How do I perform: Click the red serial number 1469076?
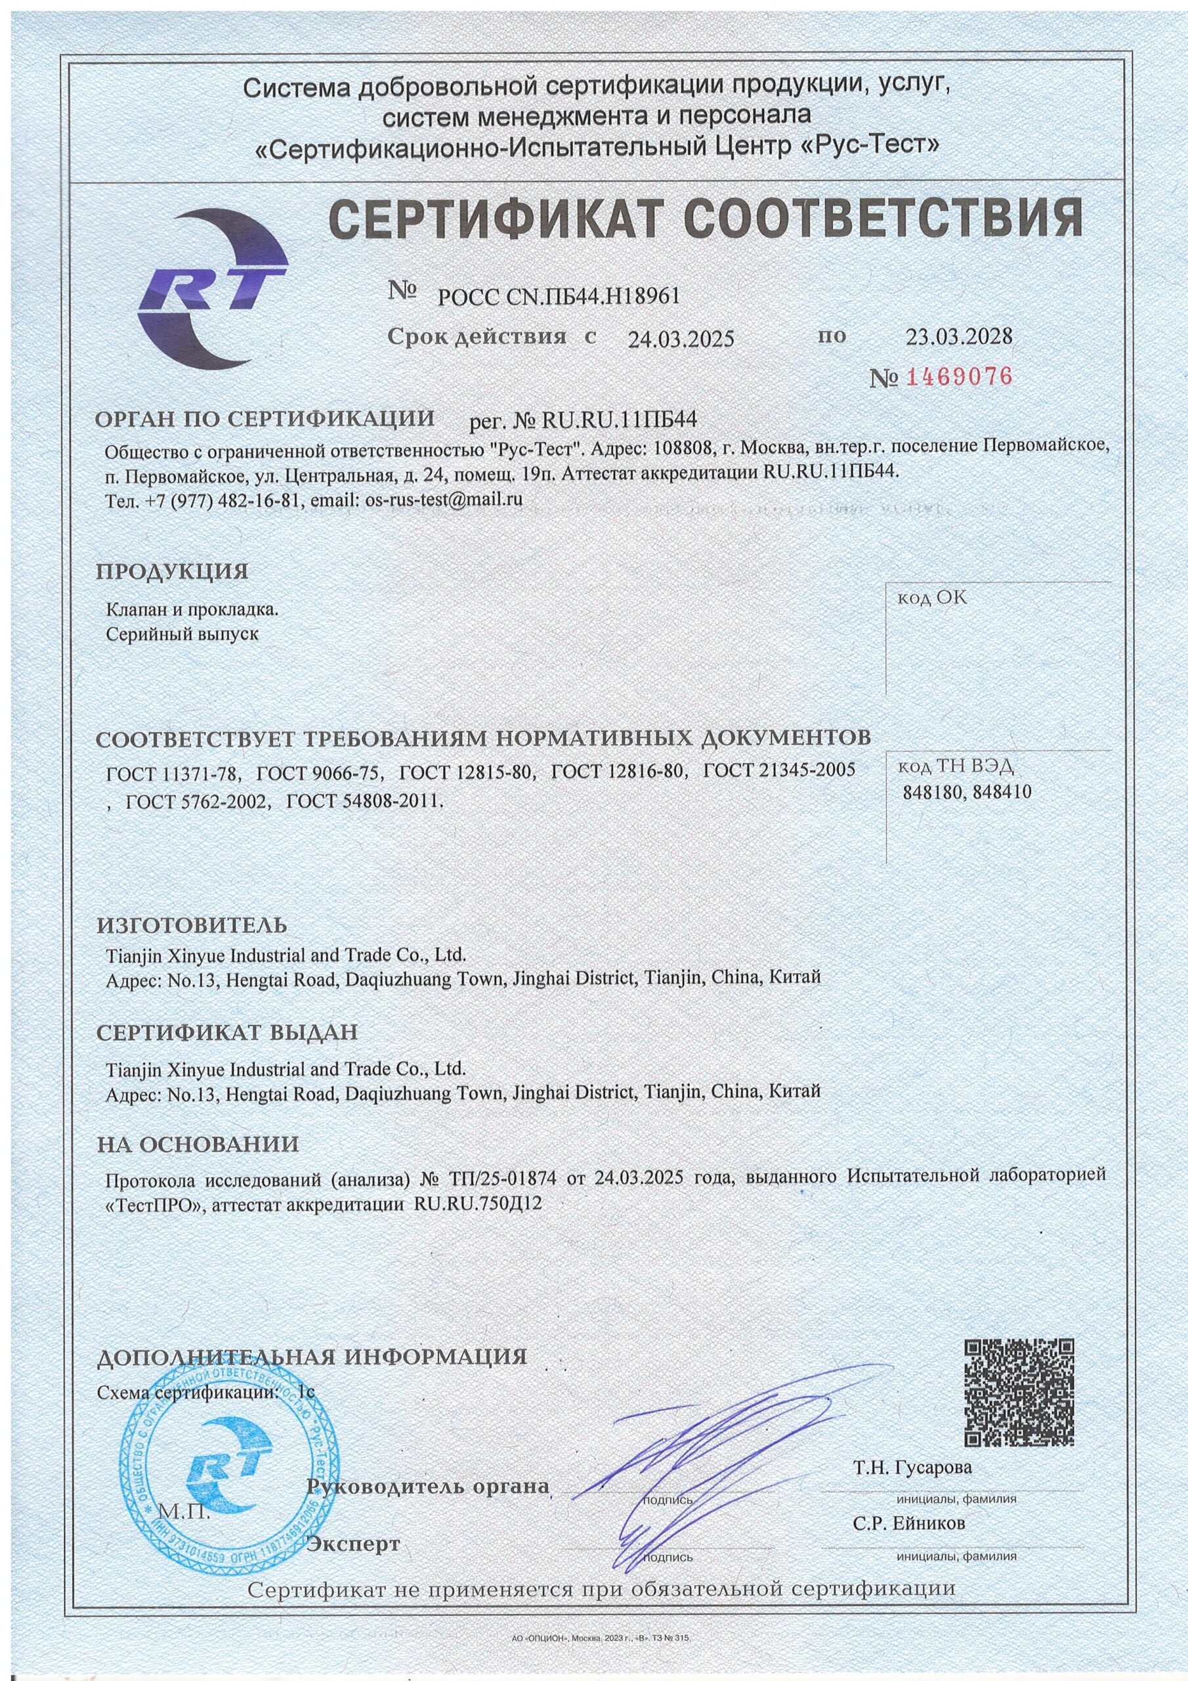tap(960, 377)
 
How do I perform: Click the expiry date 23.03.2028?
tap(959, 336)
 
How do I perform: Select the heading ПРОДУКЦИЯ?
tap(173, 572)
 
